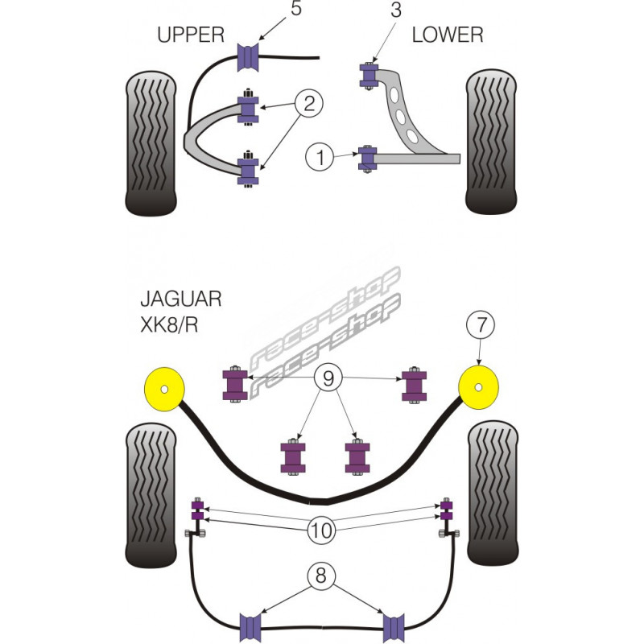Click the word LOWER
[x=448, y=35]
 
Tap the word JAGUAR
[x=181, y=299]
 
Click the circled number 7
[x=481, y=326]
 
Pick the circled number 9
[x=328, y=375]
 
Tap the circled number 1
[x=319, y=158]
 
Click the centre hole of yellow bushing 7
[x=481, y=387]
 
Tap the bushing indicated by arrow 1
[x=368, y=158]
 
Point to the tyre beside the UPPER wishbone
[x=152, y=145]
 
